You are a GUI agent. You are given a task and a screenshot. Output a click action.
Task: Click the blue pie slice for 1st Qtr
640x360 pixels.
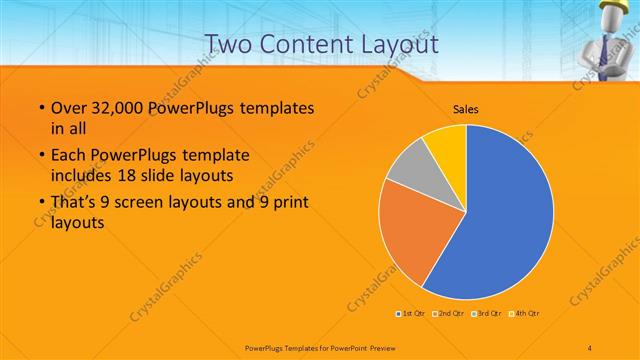pos(500,220)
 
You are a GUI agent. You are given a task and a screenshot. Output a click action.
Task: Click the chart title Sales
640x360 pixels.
pos(466,107)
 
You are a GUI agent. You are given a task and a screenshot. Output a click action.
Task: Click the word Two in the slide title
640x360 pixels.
pos(231,44)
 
